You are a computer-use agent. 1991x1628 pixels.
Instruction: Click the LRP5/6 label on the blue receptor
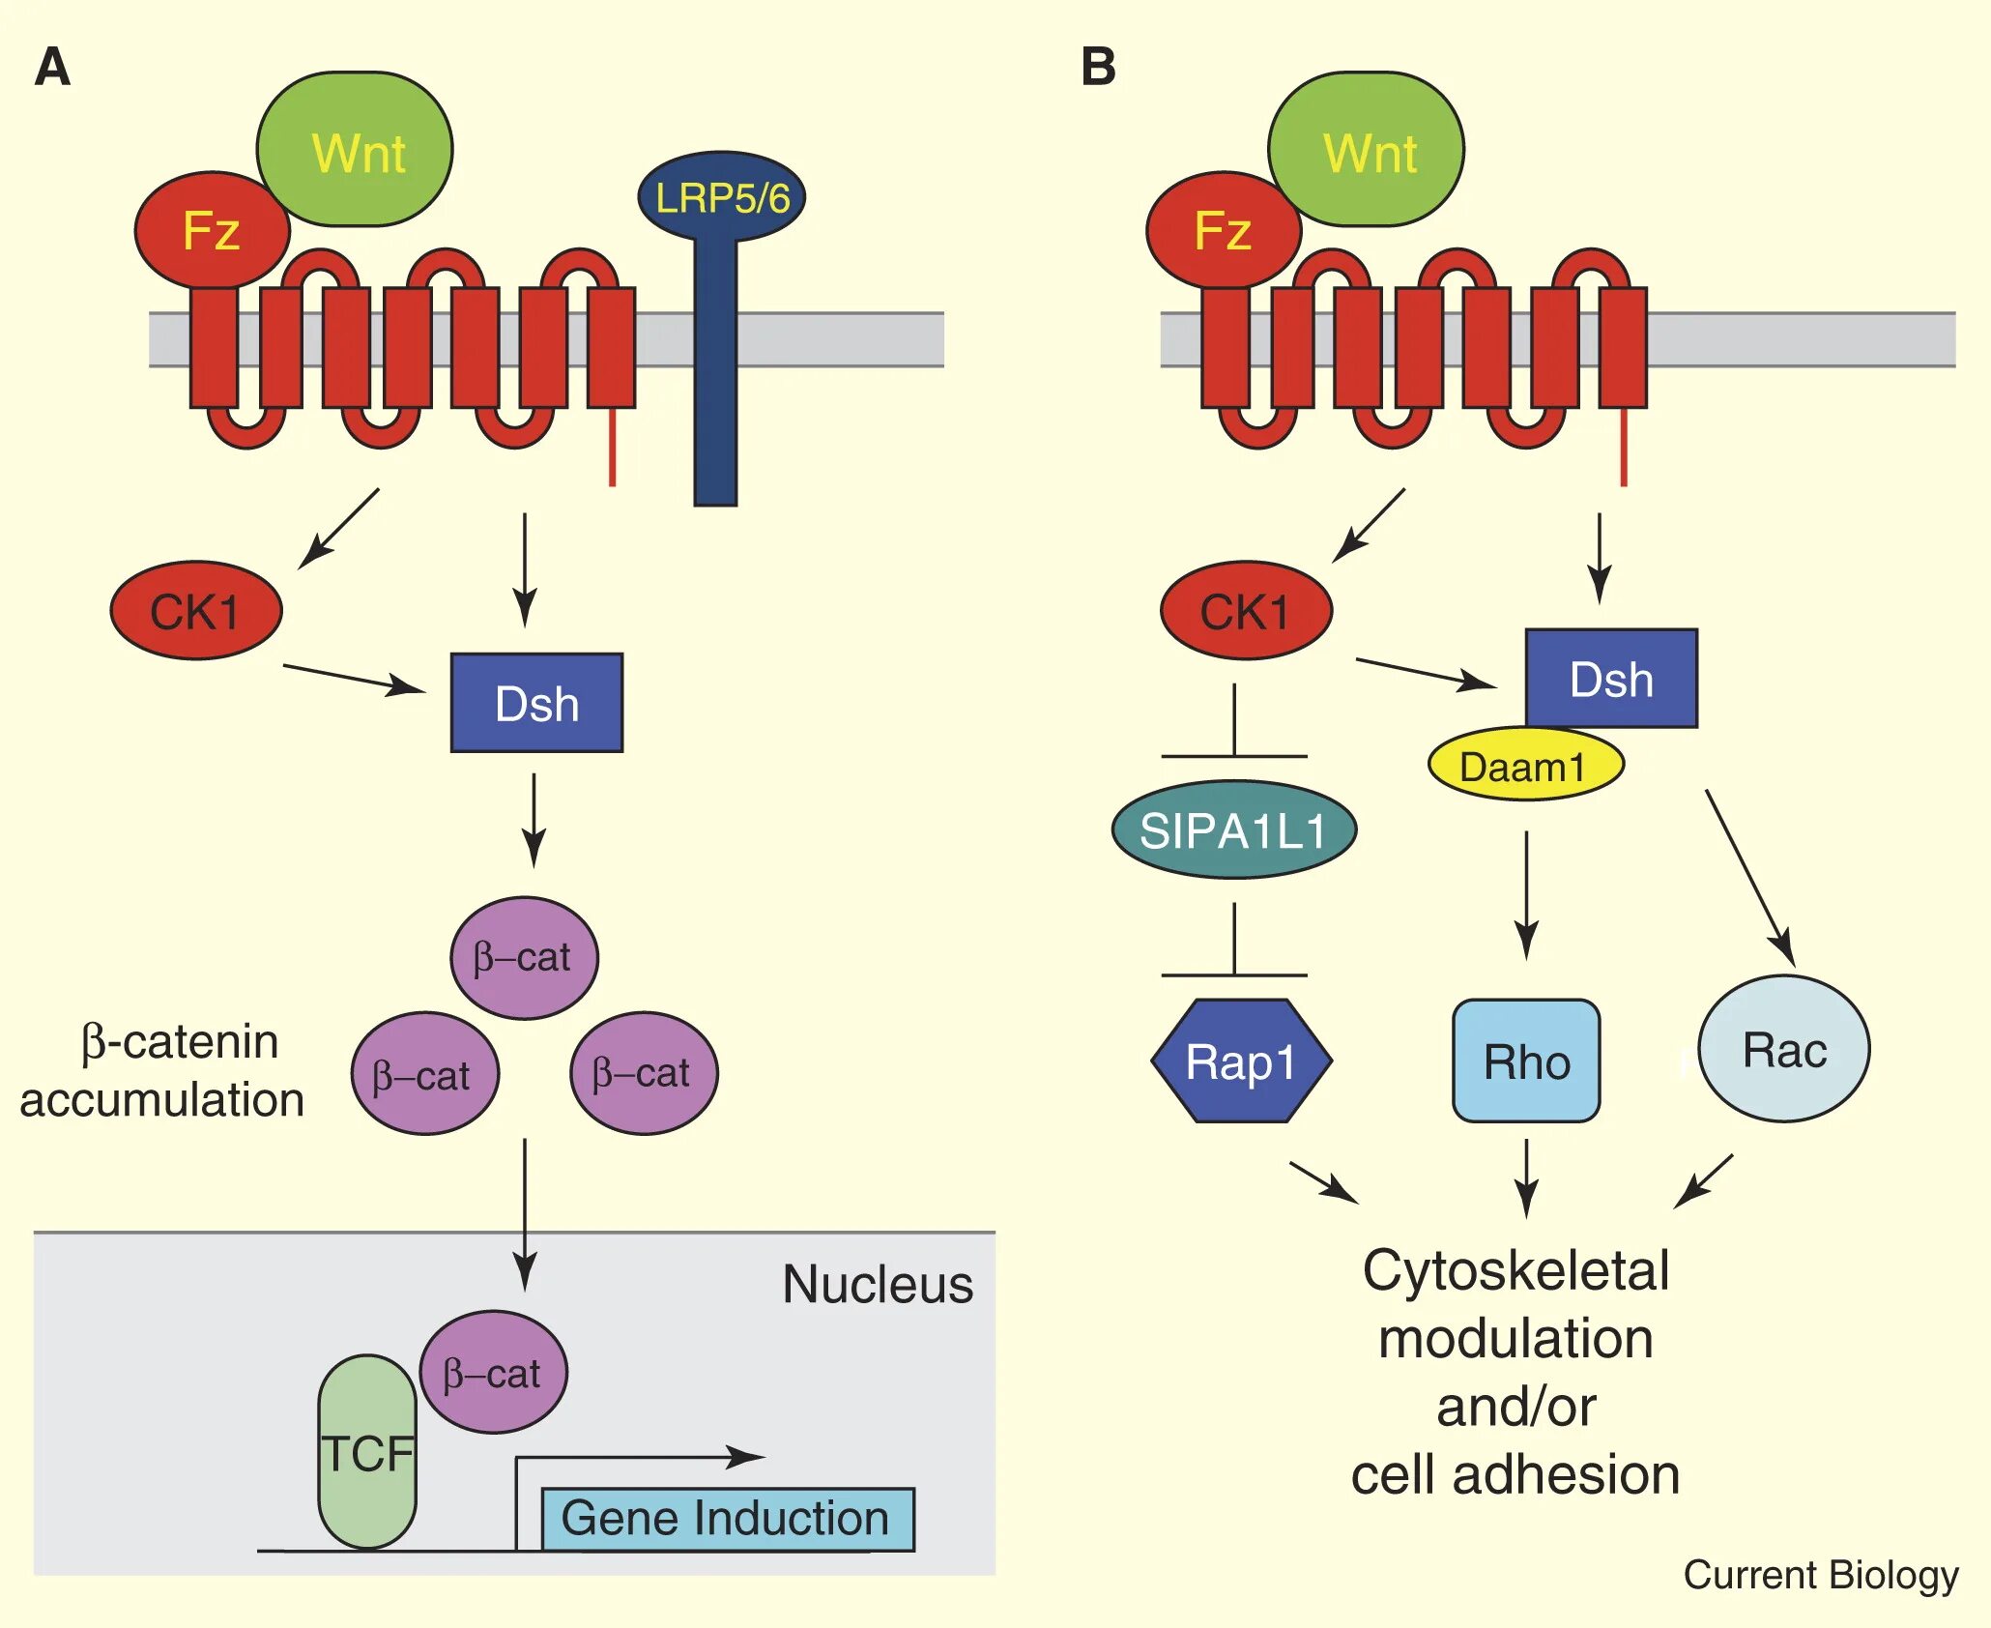click(x=722, y=198)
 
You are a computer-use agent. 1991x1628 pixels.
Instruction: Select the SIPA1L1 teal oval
click(x=1234, y=830)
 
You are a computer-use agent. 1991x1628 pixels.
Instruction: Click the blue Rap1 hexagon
click(x=1241, y=1061)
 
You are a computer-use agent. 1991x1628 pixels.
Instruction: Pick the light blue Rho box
click(x=1526, y=1061)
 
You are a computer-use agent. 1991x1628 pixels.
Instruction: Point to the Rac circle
click(x=1784, y=1050)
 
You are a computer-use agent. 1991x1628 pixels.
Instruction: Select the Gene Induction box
click(x=727, y=1519)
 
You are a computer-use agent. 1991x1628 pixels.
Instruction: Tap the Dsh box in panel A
click(x=536, y=703)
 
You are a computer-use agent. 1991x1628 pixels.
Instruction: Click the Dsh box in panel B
click(x=1611, y=679)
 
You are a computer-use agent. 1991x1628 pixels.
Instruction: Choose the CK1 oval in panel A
click(x=196, y=611)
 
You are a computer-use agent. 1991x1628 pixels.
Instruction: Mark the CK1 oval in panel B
click(x=1246, y=611)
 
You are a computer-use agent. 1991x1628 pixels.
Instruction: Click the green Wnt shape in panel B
click(x=1367, y=151)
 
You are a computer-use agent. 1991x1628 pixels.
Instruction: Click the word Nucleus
click(x=878, y=1285)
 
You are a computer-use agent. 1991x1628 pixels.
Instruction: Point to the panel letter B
click(x=1098, y=68)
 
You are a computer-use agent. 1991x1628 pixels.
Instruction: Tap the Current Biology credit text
click(x=1821, y=1575)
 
